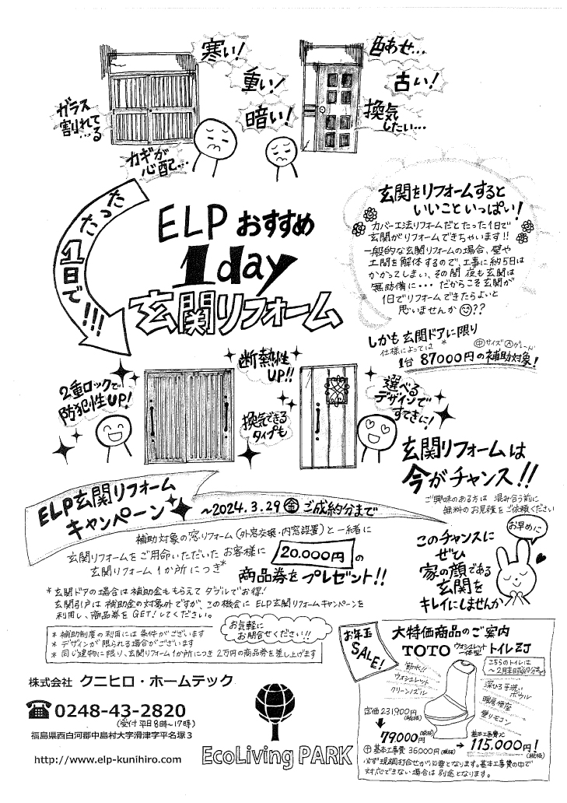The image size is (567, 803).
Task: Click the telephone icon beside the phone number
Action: tap(37, 709)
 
